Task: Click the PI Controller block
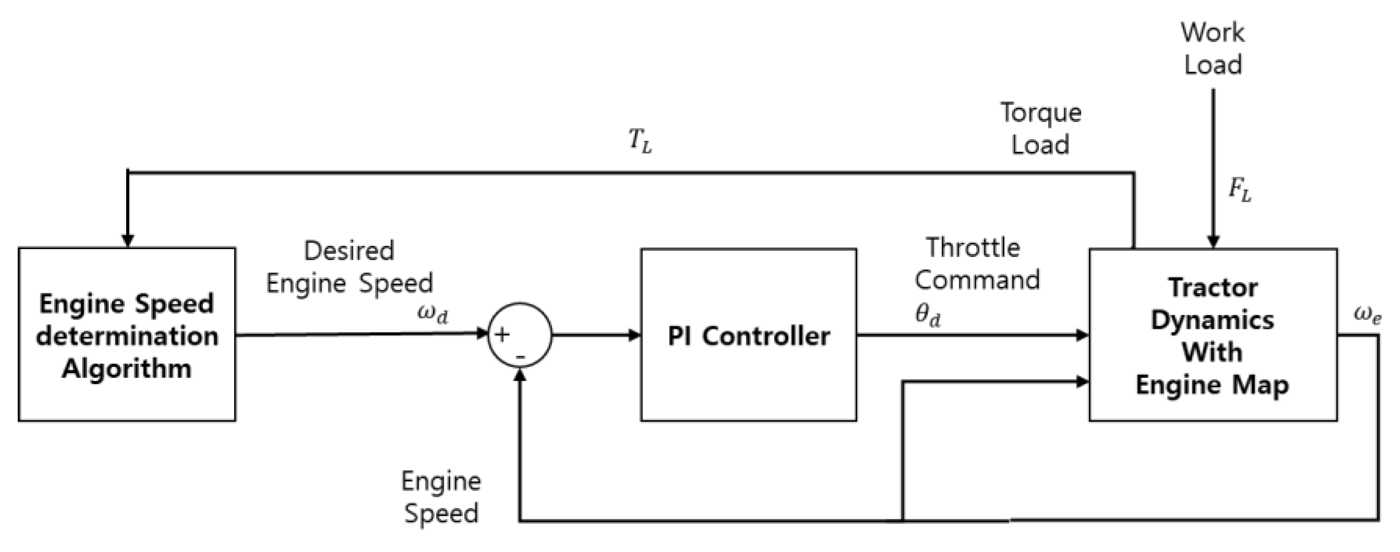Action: coord(748,335)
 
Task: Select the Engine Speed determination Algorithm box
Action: coord(127,335)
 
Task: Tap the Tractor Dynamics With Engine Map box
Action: coord(1212,335)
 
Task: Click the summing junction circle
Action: coord(520,335)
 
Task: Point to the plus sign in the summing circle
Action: coord(502,334)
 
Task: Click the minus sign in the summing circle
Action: coord(521,357)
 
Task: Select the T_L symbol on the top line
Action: coord(640,142)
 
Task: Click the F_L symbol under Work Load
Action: coord(1239,191)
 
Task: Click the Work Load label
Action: coord(1212,48)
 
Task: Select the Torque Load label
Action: coord(1041,128)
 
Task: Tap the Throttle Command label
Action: coord(976,264)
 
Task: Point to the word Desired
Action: coord(349,251)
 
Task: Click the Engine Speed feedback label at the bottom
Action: coord(441,497)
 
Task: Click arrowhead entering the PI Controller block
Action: coord(634,335)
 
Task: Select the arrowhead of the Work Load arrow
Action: coord(1213,242)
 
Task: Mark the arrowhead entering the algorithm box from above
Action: coord(128,241)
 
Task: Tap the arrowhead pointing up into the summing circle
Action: coord(520,374)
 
